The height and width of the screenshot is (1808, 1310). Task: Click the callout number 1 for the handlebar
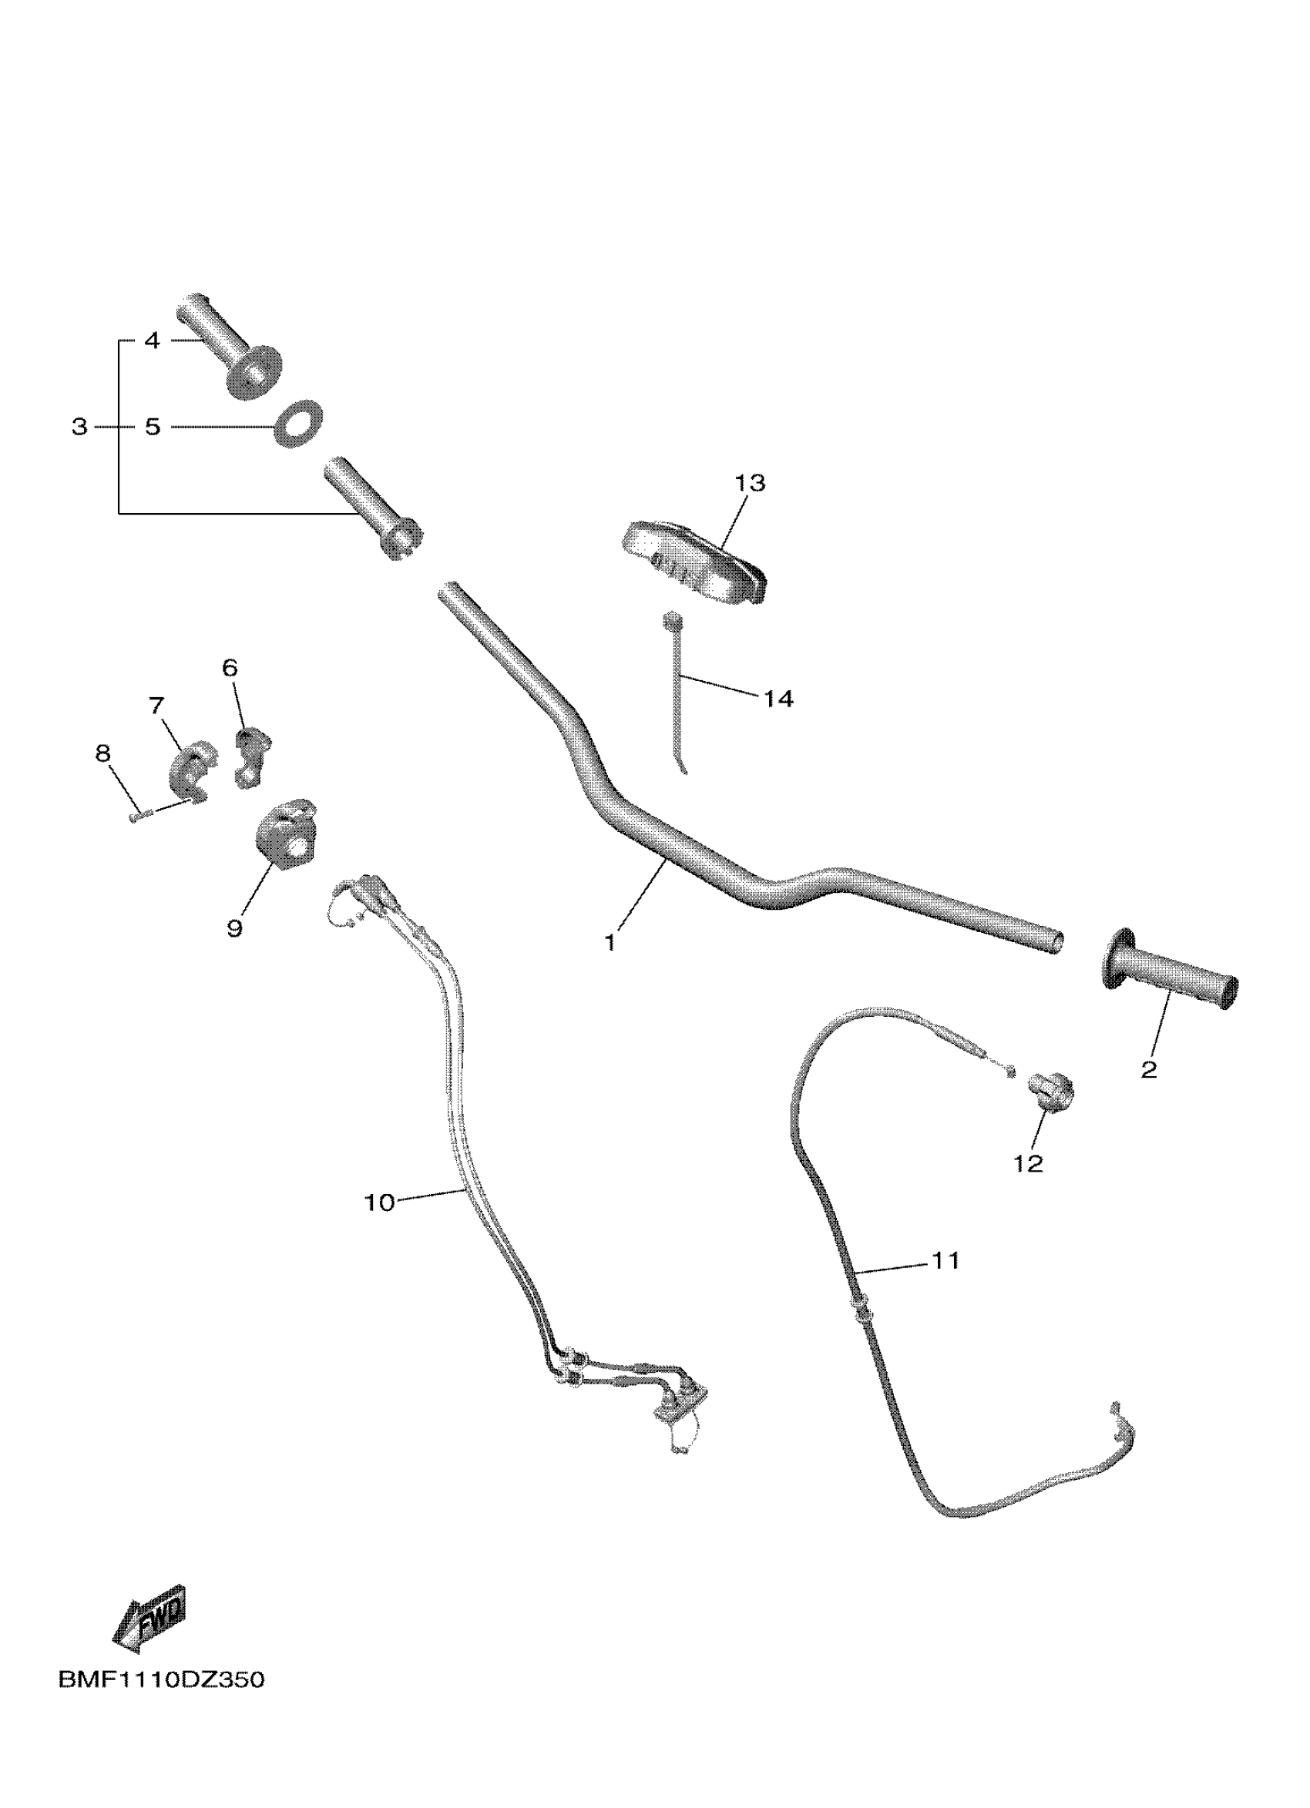pyautogui.click(x=610, y=943)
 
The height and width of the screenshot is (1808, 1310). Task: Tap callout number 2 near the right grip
pyautogui.click(x=1148, y=1070)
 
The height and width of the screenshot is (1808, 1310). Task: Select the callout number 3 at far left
pyautogui.click(x=79, y=428)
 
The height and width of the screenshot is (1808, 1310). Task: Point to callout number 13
pyautogui.click(x=751, y=483)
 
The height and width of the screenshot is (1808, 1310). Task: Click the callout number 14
pyautogui.click(x=778, y=699)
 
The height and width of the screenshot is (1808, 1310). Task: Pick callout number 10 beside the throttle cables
pyautogui.click(x=380, y=1203)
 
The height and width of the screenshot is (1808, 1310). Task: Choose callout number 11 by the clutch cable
pyautogui.click(x=946, y=1260)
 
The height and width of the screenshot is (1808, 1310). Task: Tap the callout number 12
pyautogui.click(x=1028, y=1164)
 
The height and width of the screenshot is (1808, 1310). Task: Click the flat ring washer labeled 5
pyautogui.click(x=299, y=423)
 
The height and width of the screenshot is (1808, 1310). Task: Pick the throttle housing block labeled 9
pyautogui.click(x=284, y=834)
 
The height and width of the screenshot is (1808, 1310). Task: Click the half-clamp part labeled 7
pyautogui.click(x=188, y=769)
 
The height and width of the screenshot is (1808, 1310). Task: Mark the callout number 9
pyautogui.click(x=234, y=928)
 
